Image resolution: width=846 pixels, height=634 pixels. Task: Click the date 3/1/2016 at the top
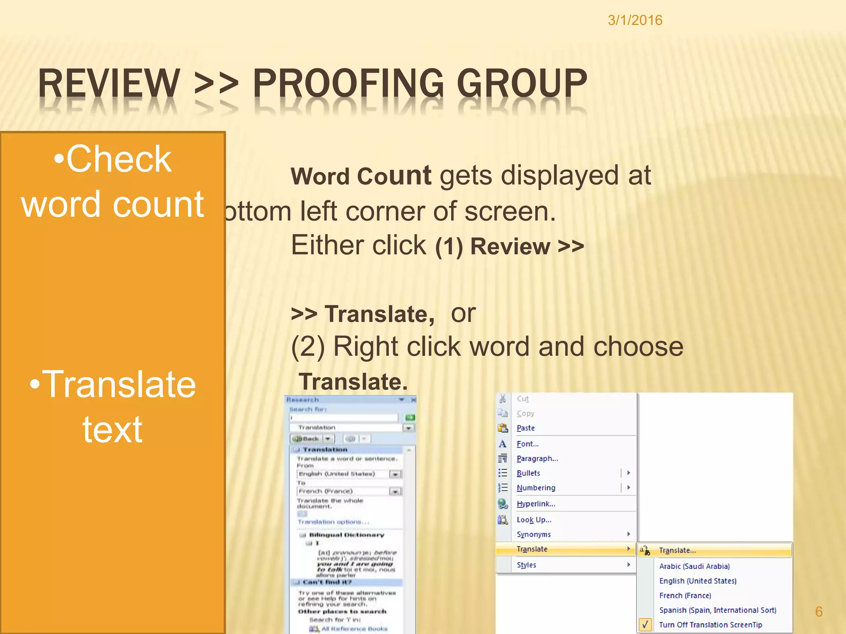[x=635, y=20]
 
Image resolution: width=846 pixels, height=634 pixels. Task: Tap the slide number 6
[x=819, y=611]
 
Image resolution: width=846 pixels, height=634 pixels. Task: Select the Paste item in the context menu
[x=525, y=428]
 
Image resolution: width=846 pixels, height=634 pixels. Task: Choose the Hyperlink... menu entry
[x=536, y=504]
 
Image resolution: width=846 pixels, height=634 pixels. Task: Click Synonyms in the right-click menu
[x=533, y=534]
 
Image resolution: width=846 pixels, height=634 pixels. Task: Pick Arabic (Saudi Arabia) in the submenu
[x=694, y=566]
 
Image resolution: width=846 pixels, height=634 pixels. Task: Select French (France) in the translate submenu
[x=685, y=596]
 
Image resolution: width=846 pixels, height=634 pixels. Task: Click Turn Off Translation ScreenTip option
[x=710, y=625]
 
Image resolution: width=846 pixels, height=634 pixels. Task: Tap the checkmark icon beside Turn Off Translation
[x=645, y=625]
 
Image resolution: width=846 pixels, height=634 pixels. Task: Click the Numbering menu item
[x=536, y=488]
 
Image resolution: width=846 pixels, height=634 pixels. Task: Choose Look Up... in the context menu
[x=534, y=520]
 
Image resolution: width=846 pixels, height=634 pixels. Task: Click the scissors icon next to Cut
[x=503, y=399]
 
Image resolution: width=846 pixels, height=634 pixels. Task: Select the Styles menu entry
[x=526, y=565]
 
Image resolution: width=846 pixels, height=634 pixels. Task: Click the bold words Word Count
[x=361, y=176]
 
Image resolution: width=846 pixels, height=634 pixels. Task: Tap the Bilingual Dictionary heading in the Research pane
[x=346, y=535]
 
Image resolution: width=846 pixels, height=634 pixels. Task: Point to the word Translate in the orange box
[x=119, y=385]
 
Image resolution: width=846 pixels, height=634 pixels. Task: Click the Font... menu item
[x=528, y=444]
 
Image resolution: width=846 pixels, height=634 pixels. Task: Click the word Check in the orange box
[x=119, y=159]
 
